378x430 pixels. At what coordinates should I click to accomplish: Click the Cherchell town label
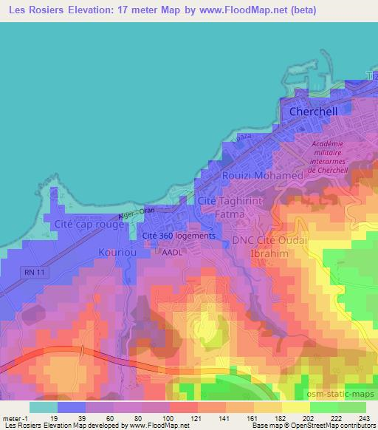tap(313, 111)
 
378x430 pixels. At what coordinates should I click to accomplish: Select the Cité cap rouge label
tap(89, 223)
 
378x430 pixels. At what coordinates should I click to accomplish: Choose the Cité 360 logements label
tap(179, 236)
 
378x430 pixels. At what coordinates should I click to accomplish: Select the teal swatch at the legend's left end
tap(44, 407)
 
